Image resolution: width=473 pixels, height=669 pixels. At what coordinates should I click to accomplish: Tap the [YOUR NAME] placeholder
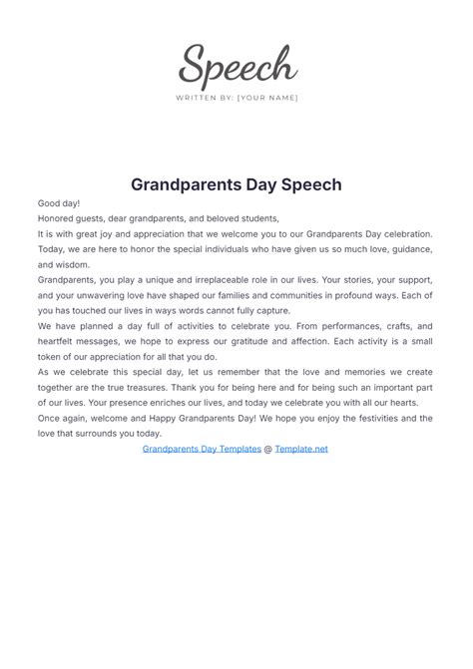click(x=267, y=98)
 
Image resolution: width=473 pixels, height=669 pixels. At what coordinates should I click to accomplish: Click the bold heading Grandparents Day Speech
click(x=236, y=184)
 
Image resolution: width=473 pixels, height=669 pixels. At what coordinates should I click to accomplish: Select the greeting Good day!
click(x=59, y=203)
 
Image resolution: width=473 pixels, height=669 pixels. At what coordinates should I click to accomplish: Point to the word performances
click(x=333, y=326)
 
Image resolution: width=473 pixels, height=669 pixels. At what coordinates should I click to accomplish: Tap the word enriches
click(x=176, y=404)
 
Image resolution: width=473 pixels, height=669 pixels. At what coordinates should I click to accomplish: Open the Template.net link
click(x=301, y=449)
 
